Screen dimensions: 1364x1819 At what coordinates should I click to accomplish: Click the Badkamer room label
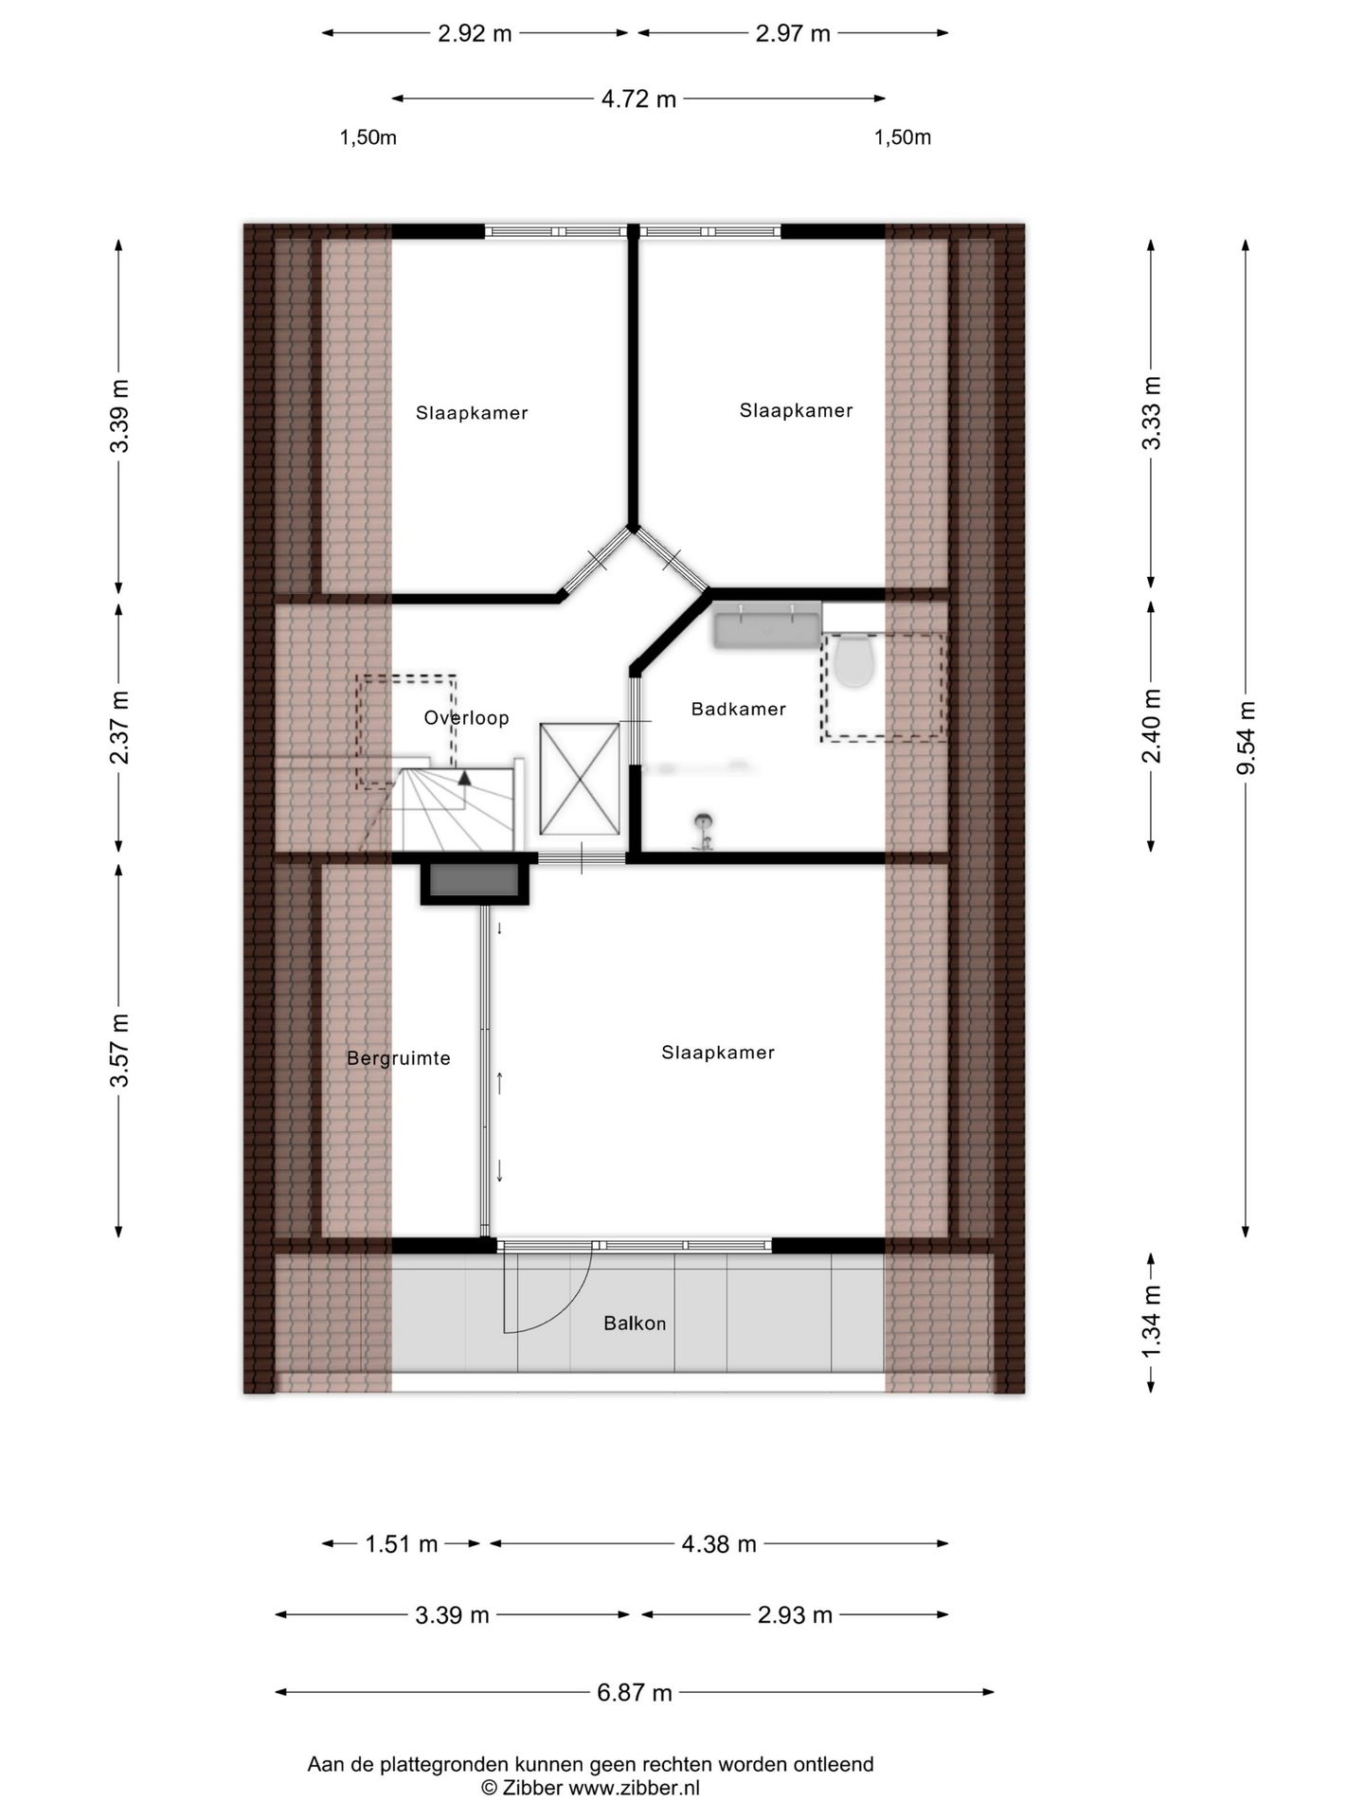(738, 709)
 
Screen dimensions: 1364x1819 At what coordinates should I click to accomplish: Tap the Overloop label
(466, 718)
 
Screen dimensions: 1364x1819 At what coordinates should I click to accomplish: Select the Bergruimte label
(398, 1058)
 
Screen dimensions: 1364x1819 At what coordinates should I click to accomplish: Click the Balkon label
(635, 1324)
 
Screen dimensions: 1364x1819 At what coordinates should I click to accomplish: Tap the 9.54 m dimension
(1246, 738)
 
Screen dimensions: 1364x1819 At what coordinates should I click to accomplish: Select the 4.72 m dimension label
(638, 99)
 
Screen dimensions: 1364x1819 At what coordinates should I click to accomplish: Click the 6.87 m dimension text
(634, 1692)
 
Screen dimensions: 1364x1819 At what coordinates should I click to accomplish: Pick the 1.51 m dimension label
(402, 1544)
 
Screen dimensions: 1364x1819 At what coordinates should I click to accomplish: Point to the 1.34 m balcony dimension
(1151, 1323)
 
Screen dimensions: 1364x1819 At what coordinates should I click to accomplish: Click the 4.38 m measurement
(719, 1544)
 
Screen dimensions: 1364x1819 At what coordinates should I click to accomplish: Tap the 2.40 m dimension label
(1151, 726)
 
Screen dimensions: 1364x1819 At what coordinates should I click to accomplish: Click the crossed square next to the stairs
(580, 779)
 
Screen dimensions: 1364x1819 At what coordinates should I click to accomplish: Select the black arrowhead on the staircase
(464, 777)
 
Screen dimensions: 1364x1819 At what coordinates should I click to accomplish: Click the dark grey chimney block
(476, 880)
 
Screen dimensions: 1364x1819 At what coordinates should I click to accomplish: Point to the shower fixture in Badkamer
(703, 832)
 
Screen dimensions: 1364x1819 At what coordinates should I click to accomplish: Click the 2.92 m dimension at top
(475, 33)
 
